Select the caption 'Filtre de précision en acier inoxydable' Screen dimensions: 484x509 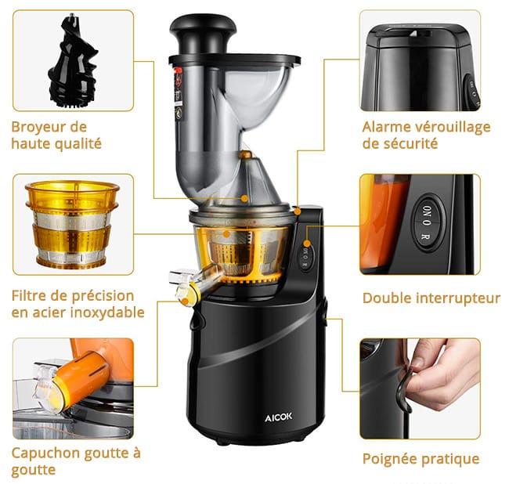click(78, 304)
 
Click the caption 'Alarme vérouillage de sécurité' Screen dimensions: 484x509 click(426, 135)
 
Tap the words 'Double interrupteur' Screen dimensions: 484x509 click(431, 298)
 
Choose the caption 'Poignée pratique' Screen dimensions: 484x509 click(421, 459)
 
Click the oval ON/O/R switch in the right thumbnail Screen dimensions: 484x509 click(426, 222)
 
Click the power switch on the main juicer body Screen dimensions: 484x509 click(307, 257)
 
